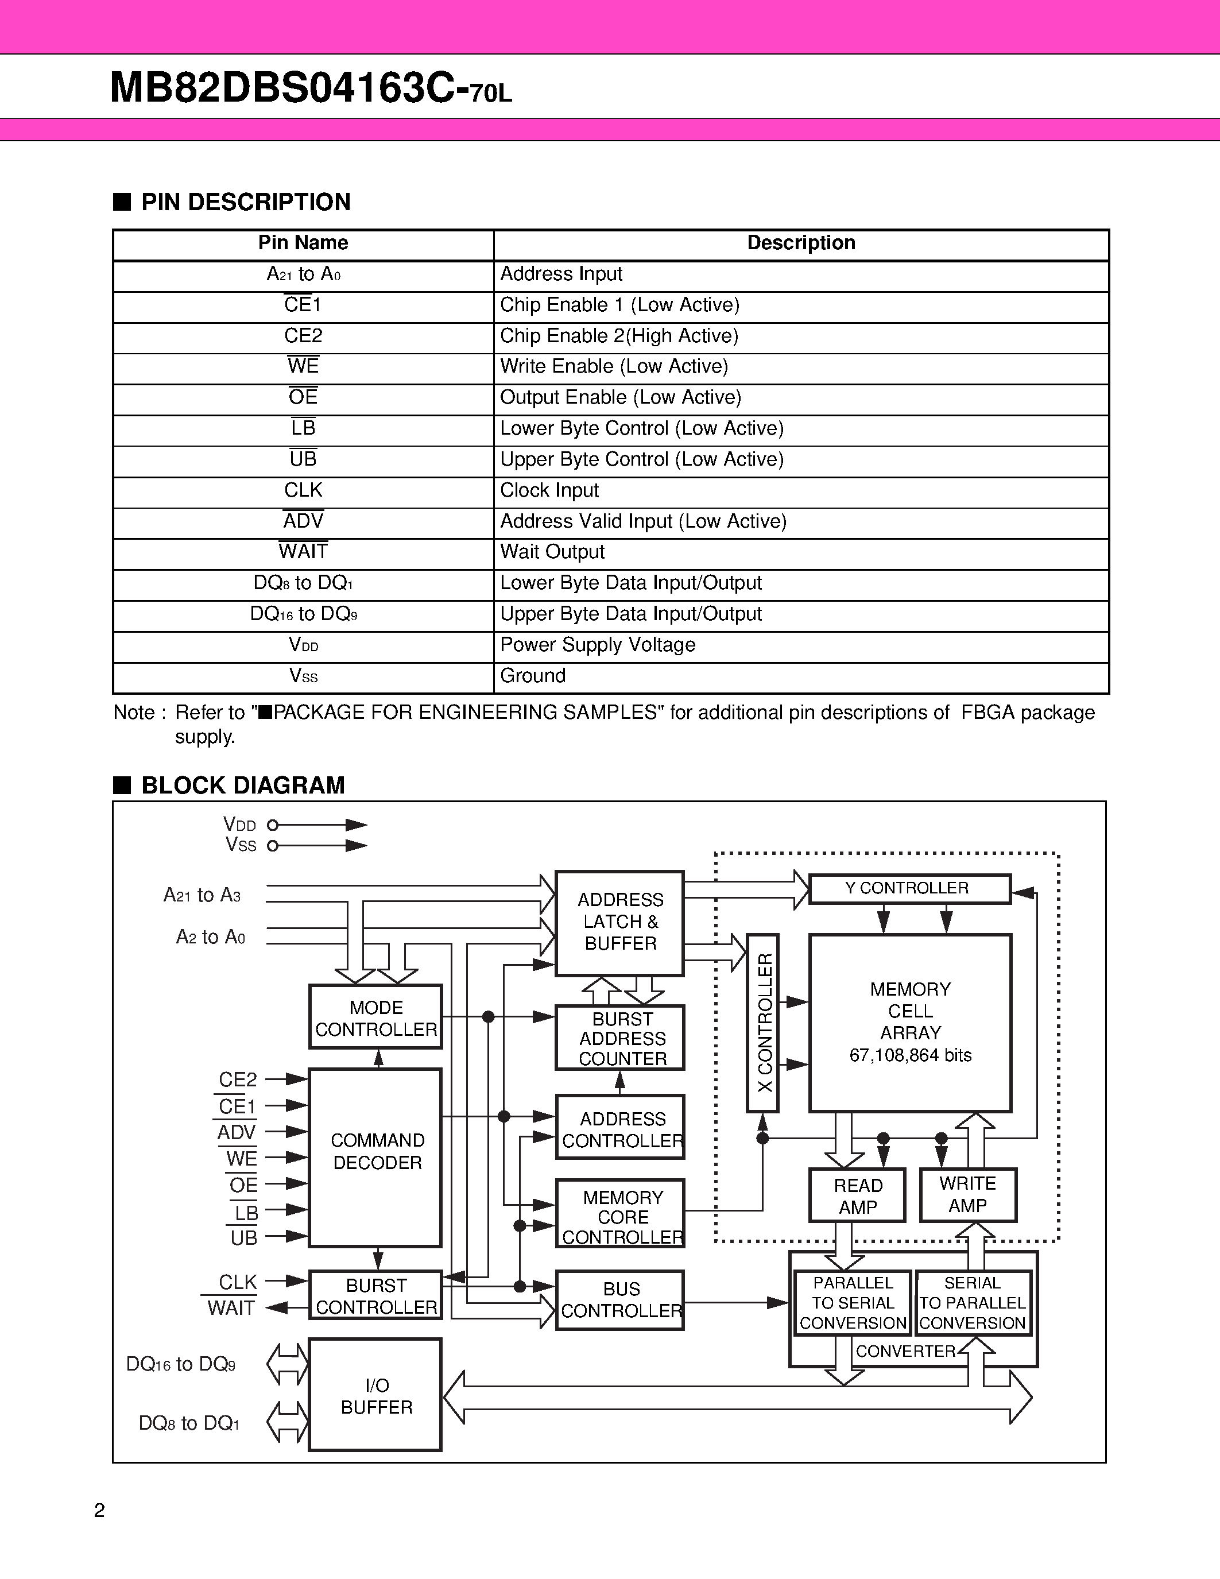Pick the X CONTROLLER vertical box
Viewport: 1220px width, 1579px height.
pyautogui.click(x=762, y=1023)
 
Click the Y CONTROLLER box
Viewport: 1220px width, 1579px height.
pyautogui.click(x=909, y=889)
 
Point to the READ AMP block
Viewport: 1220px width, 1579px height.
pyautogui.click(x=857, y=1196)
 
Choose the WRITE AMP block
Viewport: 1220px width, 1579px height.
pyautogui.click(x=968, y=1194)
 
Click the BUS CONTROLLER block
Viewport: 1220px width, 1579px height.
pyautogui.click(x=620, y=1300)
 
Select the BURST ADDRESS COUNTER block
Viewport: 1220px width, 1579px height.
pyautogui.click(x=620, y=1038)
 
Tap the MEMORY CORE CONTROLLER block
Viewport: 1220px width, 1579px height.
pyautogui.click(x=620, y=1217)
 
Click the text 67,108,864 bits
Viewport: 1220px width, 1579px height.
pyautogui.click(x=910, y=1055)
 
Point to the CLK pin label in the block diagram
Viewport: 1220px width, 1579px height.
pyautogui.click(x=238, y=1282)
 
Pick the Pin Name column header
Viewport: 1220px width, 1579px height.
pyautogui.click(x=303, y=243)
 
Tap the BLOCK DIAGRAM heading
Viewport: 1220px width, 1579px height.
pyautogui.click(x=243, y=785)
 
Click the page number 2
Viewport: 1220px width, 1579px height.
pyautogui.click(x=100, y=1510)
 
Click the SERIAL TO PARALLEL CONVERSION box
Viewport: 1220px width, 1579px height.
pyautogui.click(x=972, y=1303)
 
